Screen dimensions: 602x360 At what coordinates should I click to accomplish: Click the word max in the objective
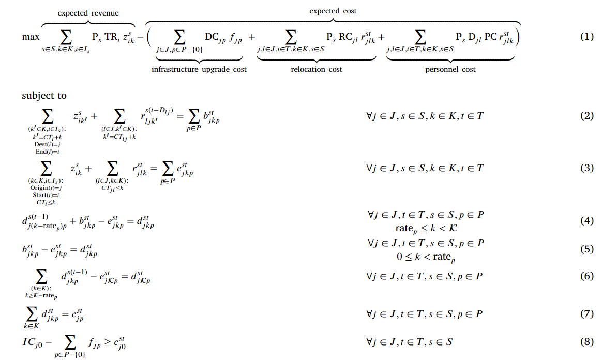pos(31,37)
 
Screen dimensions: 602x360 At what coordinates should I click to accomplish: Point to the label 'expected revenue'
pos(88,13)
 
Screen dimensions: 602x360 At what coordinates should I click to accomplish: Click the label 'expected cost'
pos(333,11)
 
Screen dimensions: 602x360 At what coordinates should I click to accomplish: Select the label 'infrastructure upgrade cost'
pos(199,69)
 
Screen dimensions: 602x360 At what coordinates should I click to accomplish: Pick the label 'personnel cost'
pos(450,69)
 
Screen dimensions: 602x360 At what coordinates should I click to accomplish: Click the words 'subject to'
pos(44,96)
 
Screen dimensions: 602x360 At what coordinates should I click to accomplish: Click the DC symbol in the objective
pos(213,37)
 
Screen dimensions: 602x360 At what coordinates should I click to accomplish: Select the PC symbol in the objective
pos(491,37)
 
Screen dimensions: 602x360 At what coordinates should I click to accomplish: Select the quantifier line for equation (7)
pos(424,314)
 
